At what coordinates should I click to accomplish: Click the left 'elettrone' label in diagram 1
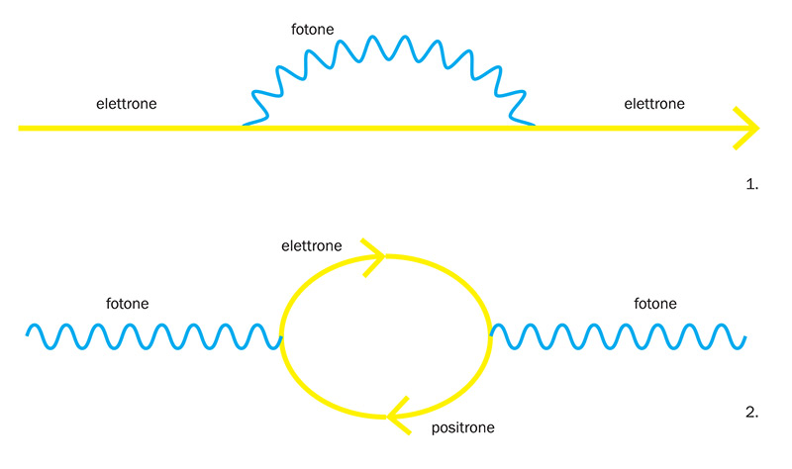coord(126,103)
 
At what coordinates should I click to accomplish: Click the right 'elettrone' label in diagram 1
coord(653,103)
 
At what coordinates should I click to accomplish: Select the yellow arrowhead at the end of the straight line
coord(748,128)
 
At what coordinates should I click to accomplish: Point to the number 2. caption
coord(750,412)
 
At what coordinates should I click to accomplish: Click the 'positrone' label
coord(463,428)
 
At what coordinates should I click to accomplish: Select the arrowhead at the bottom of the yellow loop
coord(397,415)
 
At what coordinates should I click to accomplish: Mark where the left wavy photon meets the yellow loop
coord(282,336)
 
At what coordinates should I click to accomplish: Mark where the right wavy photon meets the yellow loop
coord(490,336)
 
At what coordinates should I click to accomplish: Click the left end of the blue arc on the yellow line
coord(244,126)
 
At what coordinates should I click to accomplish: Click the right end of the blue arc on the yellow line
coord(535,126)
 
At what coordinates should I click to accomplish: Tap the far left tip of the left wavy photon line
coord(29,334)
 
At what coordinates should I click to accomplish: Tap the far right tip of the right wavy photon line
coord(744,338)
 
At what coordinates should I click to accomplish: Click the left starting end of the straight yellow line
coord(21,128)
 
